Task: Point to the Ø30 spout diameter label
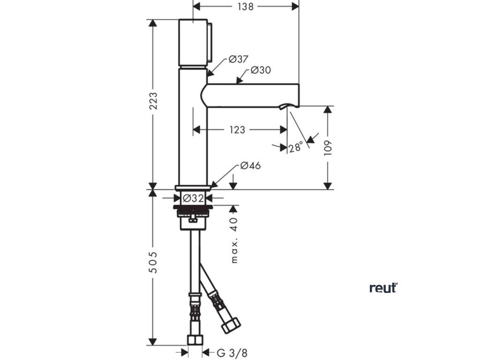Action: point(261,70)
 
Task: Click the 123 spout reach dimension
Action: point(237,130)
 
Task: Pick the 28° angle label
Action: point(295,148)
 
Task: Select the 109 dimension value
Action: point(328,148)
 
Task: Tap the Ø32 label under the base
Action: point(193,198)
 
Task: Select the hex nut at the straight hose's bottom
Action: point(194,340)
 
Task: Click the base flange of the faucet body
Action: point(193,187)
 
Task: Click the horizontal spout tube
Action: point(253,95)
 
